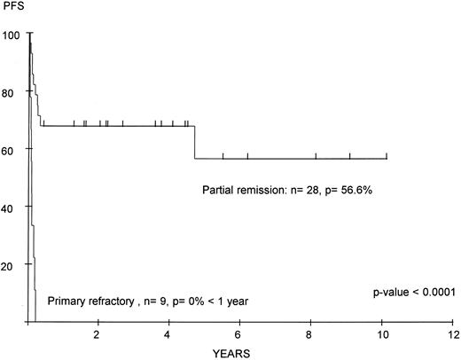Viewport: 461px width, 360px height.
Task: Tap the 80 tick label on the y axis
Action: pos(13,91)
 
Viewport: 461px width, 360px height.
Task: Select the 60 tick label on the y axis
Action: pos(13,149)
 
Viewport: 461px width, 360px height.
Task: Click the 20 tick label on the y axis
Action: pos(13,264)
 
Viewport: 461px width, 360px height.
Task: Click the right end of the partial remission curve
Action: pos(387,159)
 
